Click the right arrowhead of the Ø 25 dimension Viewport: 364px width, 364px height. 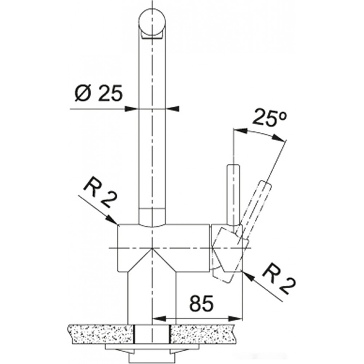click(x=172, y=108)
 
